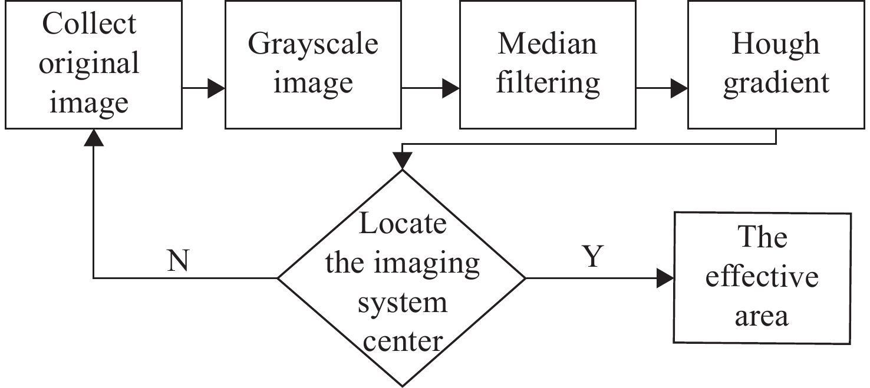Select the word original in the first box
(89, 63)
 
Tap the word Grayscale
(313, 45)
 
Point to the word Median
(548, 45)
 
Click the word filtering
(548, 82)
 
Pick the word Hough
(775, 45)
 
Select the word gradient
(776, 84)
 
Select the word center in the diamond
(403, 340)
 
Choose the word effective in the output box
(762, 277)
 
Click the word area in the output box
(762, 316)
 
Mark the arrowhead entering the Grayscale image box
(216, 89)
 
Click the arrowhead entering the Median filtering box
(451, 89)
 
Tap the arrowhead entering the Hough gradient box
(680, 89)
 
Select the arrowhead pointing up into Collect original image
(94, 137)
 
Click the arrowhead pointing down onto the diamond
(402, 161)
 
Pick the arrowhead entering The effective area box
(665, 278)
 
